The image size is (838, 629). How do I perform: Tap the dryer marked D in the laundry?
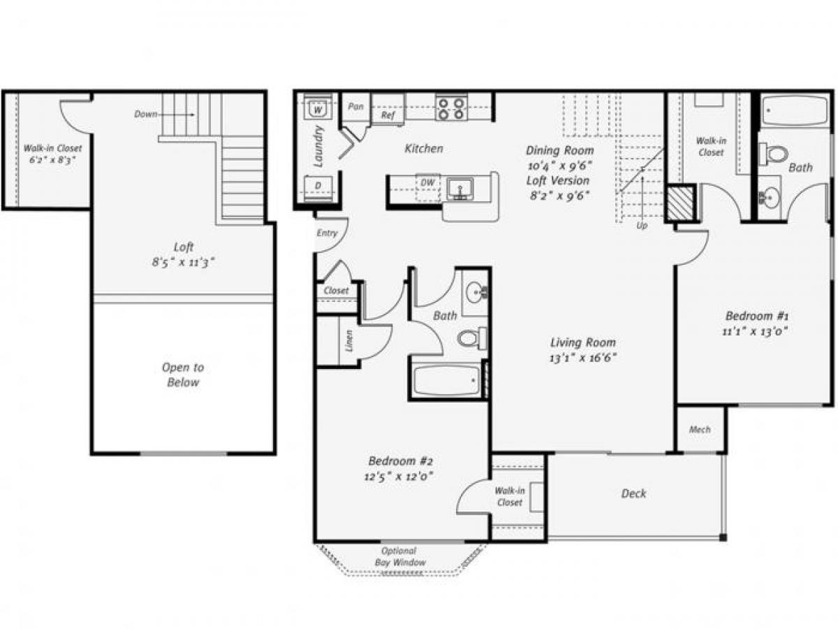(x=318, y=187)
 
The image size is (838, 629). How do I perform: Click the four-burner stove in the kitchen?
(x=451, y=108)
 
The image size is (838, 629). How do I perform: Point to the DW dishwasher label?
(x=427, y=182)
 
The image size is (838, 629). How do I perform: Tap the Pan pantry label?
(x=355, y=106)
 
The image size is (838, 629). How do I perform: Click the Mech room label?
(x=699, y=429)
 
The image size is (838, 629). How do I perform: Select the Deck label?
(x=633, y=493)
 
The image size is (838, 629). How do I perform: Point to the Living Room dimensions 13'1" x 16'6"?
(x=583, y=357)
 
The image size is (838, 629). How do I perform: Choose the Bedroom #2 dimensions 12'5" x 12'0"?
(x=402, y=477)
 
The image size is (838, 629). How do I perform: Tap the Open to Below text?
(x=183, y=375)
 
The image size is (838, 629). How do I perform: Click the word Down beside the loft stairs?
(x=146, y=114)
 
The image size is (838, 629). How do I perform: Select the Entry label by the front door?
(x=326, y=233)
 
